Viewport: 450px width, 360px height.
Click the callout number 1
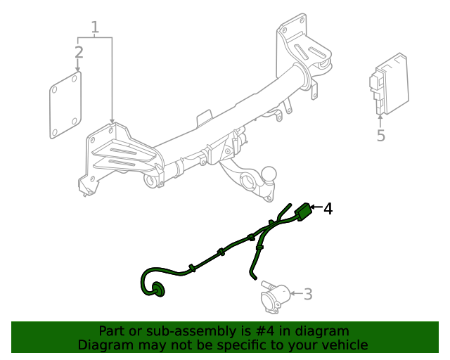point(95,27)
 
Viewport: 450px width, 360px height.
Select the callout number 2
point(79,52)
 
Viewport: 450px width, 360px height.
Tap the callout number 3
point(308,294)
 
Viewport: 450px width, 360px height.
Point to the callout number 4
point(328,209)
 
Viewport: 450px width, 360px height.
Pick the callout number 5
point(380,135)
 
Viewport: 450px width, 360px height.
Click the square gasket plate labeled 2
point(64,105)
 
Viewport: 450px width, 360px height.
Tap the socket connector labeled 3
point(275,296)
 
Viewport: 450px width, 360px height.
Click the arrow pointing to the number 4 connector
point(316,208)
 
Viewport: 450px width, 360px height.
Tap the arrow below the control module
point(380,120)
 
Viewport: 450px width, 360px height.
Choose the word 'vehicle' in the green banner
point(343,345)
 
